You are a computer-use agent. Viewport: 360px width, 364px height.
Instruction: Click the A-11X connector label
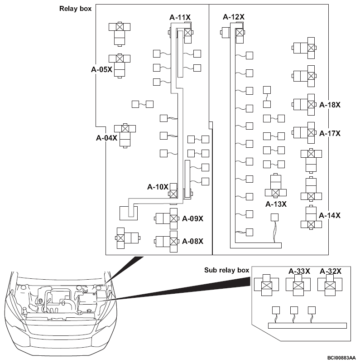(x=180, y=17)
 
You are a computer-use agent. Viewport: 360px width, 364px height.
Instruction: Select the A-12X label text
(x=234, y=17)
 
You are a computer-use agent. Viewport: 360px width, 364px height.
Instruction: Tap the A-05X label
(x=101, y=69)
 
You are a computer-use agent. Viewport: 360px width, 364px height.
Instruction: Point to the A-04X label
(x=107, y=138)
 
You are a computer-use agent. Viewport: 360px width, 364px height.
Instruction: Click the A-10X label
(x=158, y=187)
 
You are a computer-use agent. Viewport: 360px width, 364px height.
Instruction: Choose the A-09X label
(x=192, y=218)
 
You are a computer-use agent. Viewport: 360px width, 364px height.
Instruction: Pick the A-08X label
(x=192, y=242)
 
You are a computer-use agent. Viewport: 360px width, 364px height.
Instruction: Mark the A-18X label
(x=330, y=105)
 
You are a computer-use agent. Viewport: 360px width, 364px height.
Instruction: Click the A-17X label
(x=330, y=133)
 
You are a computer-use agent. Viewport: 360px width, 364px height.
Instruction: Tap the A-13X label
(x=276, y=204)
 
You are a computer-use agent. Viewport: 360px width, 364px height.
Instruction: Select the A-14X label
(x=330, y=216)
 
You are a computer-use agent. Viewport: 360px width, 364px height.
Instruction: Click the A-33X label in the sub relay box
(x=299, y=271)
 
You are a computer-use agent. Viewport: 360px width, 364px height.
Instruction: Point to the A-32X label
(x=331, y=271)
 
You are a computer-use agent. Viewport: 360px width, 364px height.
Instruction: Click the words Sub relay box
(x=226, y=270)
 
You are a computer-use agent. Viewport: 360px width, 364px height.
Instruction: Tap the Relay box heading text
(x=75, y=9)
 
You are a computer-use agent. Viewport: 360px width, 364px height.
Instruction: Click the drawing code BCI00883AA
(x=341, y=358)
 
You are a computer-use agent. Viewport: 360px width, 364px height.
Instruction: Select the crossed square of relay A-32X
(x=330, y=285)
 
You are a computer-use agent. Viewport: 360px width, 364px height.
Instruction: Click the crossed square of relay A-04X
(x=125, y=129)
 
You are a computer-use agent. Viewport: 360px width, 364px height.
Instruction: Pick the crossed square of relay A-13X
(x=276, y=193)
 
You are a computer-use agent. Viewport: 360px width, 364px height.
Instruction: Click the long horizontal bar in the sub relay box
(x=307, y=326)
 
